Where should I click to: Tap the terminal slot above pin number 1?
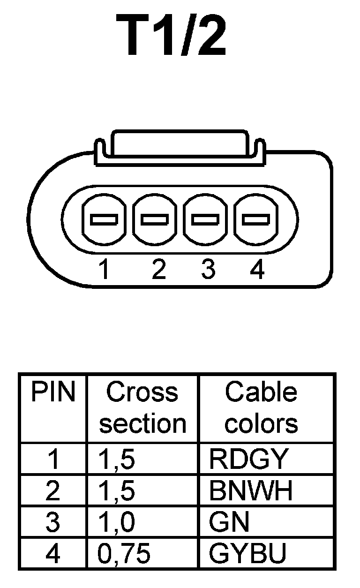click(104, 219)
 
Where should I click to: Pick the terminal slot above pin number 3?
click(206, 219)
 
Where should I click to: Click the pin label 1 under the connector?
click(104, 271)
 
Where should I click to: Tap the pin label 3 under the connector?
click(208, 271)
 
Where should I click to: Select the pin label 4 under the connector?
click(257, 271)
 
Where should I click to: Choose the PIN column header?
click(53, 393)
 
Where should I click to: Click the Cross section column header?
click(142, 408)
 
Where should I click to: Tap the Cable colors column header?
click(261, 408)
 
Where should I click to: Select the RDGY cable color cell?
click(247, 460)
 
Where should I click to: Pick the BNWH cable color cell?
click(251, 491)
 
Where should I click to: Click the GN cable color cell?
click(229, 522)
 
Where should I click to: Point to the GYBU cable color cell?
click(247, 554)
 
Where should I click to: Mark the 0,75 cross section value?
click(124, 554)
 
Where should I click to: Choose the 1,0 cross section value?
click(117, 522)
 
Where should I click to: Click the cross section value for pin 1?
click(117, 460)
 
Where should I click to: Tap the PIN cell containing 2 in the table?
click(53, 491)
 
